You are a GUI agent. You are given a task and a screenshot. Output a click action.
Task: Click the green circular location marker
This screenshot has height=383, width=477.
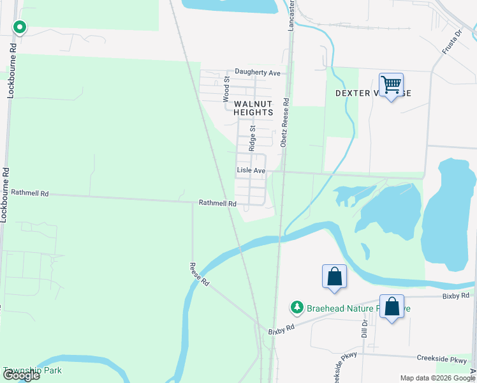(x=20, y=27)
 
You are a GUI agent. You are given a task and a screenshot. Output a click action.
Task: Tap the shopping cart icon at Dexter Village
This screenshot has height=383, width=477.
(x=390, y=84)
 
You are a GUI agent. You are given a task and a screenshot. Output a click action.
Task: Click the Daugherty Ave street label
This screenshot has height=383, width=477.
(x=258, y=73)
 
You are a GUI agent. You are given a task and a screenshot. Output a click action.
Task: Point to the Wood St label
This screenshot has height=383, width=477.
(x=226, y=89)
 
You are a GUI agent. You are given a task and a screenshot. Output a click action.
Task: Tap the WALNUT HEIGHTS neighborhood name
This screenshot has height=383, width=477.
(x=253, y=108)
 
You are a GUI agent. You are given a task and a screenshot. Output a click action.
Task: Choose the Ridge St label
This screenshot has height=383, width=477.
(x=253, y=137)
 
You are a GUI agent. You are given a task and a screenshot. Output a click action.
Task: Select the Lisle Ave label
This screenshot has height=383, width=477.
(x=251, y=170)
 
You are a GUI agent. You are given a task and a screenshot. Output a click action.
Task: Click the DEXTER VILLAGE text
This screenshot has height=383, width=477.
(x=373, y=93)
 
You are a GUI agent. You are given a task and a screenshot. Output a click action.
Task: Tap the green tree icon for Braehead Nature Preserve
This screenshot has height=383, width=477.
(x=297, y=308)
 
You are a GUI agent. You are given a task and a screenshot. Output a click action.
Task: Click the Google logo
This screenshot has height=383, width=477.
(x=21, y=375)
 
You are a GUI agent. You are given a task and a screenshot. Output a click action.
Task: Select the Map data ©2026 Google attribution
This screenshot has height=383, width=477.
(x=437, y=378)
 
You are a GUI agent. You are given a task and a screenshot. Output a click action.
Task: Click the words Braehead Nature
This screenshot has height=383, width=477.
(x=341, y=308)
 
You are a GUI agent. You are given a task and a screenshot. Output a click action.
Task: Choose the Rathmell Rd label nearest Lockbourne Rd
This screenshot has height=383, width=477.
(x=30, y=191)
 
